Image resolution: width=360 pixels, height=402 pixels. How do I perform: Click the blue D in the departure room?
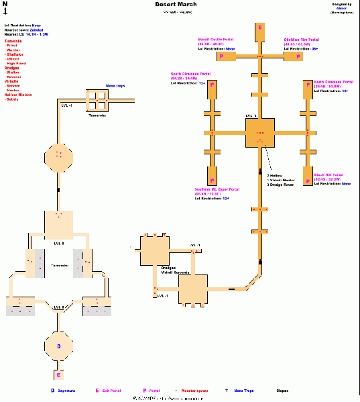58,346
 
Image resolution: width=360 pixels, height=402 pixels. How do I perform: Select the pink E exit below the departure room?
58,375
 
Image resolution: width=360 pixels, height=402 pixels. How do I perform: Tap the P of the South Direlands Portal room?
212,86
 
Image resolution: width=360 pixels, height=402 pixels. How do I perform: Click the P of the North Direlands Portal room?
307,86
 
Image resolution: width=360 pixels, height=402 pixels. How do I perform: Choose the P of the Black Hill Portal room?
307,181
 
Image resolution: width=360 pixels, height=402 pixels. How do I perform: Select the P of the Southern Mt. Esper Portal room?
212,181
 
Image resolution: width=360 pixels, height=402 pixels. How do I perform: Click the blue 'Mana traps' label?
115,86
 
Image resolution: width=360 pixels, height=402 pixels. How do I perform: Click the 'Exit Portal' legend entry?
113,390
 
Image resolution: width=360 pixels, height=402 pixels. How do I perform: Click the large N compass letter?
5,5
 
